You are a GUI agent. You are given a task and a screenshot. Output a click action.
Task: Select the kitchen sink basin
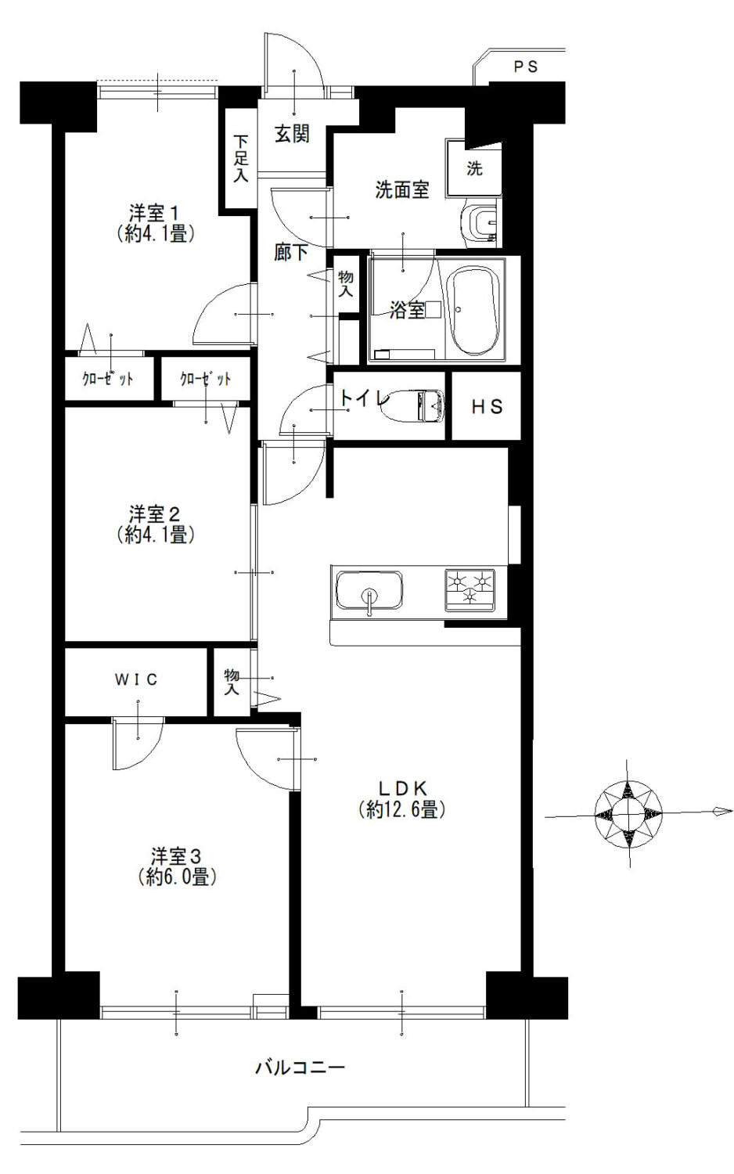click(369, 590)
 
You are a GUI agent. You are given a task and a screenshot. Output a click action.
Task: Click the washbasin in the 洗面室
click(480, 223)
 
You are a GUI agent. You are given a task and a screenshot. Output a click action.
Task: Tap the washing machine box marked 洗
click(473, 168)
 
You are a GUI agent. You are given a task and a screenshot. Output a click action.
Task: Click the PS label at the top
click(526, 67)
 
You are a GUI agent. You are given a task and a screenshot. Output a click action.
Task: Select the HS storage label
click(488, 407)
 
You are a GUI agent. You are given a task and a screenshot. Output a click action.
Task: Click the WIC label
click(136, 680)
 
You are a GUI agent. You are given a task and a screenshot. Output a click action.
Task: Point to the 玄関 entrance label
click(293, 134)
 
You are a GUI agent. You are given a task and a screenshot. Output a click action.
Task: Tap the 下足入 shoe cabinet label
click(240, 158)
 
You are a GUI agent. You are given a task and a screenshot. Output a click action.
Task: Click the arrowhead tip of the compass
click(732, 812)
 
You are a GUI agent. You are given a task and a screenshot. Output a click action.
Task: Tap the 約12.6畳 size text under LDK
click(402, 810)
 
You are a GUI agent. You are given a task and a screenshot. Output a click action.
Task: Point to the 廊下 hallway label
click(291, 253)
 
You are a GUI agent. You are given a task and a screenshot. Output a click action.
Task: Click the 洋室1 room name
click(154, 214)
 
